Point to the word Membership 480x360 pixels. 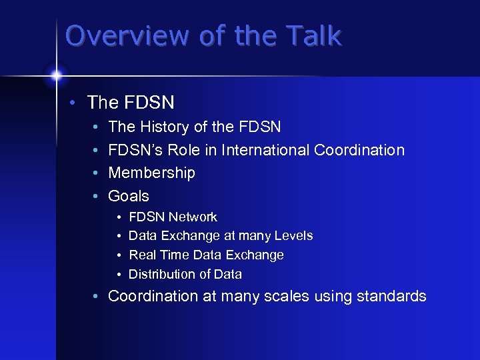(x=152, y=173)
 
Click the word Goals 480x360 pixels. (x=129, y=196)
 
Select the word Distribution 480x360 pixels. (x=161, y=274)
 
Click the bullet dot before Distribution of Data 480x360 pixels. (x=118, y=275)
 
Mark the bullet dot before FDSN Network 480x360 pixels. (x=118, y=217)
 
